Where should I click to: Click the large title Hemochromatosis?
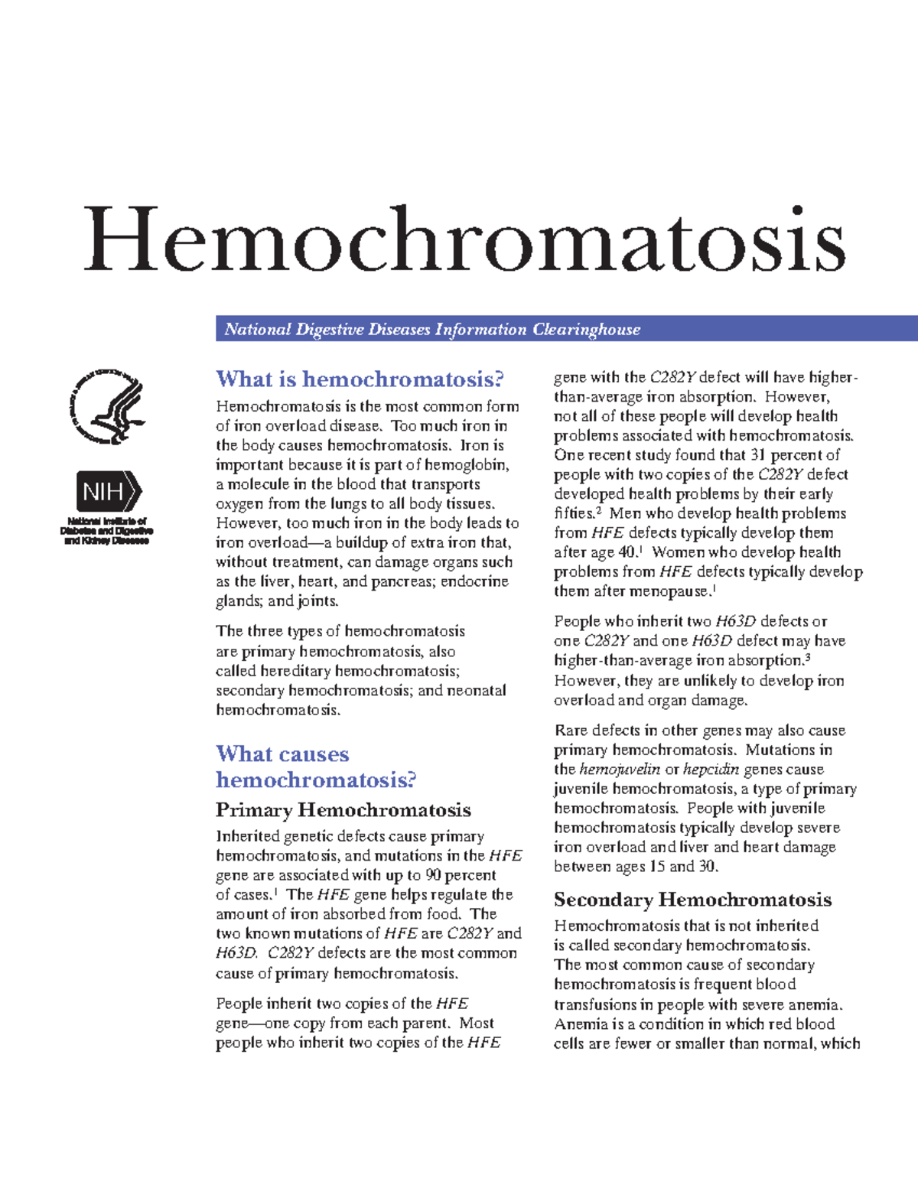[x=464, y=239]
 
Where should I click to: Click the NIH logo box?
[x=108, y=491]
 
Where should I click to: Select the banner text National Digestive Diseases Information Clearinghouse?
[x=432, y=330]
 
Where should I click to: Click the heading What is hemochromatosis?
[x=360, y=379]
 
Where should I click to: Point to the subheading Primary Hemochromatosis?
[x=343, y=810]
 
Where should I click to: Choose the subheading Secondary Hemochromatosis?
[x=692, y=900]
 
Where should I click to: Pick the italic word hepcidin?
[x=711, y=770]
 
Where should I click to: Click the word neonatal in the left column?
[x=477, y=691]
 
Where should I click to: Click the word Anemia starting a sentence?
[x=579, y=1024]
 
